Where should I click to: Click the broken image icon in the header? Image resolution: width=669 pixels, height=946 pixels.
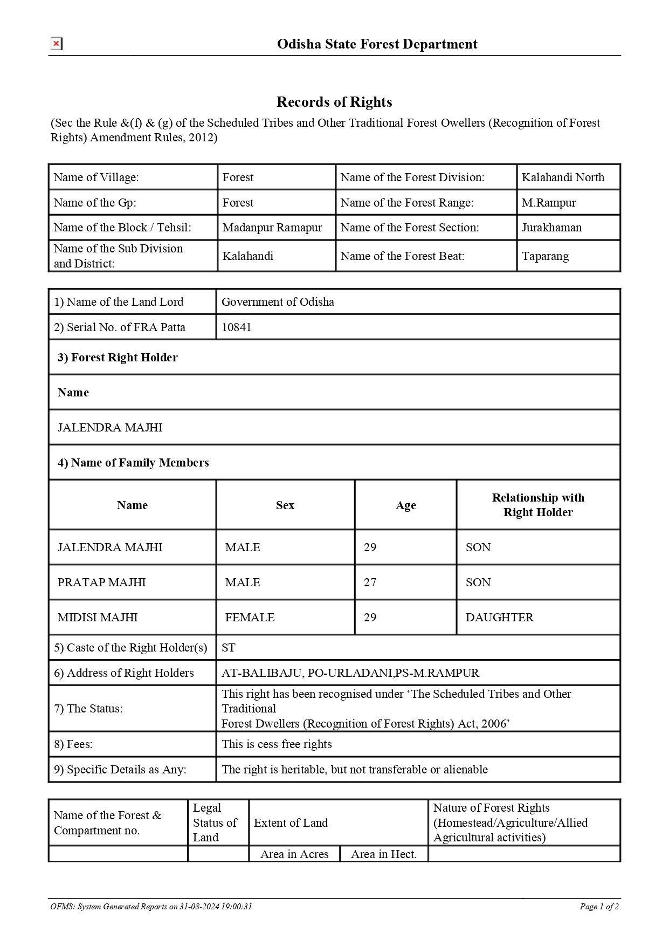click(56, 44)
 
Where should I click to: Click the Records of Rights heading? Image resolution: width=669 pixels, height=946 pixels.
click(334, 102)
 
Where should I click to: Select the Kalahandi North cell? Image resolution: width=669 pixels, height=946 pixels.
click(563, 177)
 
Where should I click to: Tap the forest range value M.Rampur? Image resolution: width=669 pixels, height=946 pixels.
click(549, 203)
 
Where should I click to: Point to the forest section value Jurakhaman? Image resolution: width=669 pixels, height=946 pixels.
click(551, 228)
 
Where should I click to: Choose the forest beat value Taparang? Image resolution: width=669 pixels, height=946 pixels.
click(545, 256)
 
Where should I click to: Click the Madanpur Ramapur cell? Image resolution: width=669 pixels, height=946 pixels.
click(272, 228)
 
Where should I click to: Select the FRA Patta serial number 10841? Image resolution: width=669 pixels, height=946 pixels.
click(237, 327)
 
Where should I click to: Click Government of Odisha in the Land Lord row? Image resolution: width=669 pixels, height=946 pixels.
click(278, 302)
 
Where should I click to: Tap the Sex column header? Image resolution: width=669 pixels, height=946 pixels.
click(285, 505)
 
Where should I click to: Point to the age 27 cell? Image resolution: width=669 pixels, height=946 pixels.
click(370, 582)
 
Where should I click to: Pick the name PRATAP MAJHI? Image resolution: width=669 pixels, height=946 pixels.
click(102, 582)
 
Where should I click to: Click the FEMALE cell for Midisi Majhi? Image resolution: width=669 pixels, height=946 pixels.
click(250, 618)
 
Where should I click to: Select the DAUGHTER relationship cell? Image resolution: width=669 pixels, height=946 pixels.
click(499, 618)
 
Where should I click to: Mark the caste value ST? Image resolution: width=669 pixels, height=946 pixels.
click(229, 648)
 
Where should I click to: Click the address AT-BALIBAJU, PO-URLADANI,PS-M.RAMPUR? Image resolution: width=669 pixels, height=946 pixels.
click(350, 673)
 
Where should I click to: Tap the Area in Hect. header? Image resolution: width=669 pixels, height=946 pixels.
click(384, 854)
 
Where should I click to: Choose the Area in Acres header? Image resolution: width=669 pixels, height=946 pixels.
click(294, 854)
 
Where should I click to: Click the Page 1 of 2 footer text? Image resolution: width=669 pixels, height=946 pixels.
click(599, 907)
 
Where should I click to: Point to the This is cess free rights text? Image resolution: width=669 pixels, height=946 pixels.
click(277, 744)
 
